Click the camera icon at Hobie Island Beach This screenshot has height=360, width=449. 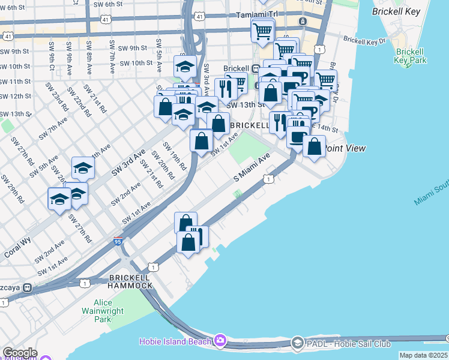[220, 340]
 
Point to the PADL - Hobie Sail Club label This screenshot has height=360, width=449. [349, 344]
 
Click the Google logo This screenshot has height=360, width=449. [20, 353]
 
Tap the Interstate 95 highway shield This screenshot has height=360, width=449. [118, 242]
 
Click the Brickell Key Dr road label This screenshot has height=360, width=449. [364, 41]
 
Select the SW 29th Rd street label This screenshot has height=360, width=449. [13, 188]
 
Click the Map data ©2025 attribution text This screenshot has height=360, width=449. [423, 355]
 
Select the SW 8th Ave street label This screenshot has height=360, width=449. [89, 54]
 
